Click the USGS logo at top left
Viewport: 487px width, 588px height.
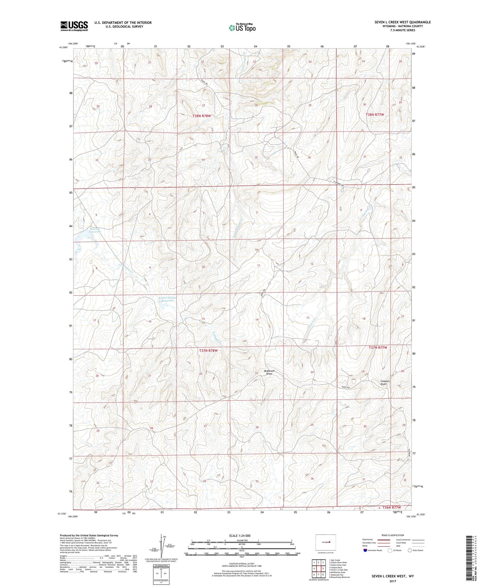74,26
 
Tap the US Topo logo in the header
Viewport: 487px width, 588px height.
242,28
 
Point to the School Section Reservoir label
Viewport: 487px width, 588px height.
167,299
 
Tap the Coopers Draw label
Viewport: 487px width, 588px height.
385,383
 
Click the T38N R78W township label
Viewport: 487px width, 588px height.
202,116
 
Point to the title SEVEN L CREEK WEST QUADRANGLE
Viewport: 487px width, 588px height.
402,22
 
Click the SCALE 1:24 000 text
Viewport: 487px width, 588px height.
240,535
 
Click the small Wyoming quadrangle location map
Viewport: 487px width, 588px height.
326,542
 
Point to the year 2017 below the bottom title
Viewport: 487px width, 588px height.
392,581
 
